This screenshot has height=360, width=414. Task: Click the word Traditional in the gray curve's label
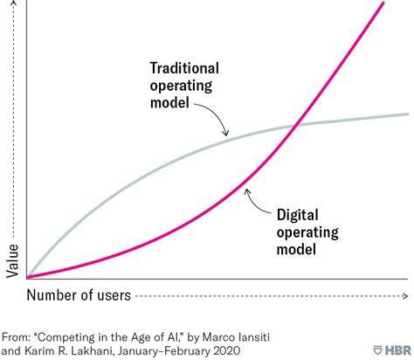coord(184,68)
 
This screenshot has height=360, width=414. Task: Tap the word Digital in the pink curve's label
coord(297,215)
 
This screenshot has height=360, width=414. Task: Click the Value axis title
coord(12,261)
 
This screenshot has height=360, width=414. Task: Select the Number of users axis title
coord(79,295)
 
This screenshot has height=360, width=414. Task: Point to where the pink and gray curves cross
coord(296,125)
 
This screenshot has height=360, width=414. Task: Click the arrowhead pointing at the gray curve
coord(225,133)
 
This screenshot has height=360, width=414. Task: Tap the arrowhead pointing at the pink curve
coord(247,191)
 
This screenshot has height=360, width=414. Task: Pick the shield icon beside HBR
coord(378,350)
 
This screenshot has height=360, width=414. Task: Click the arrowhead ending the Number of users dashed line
coord(405,296)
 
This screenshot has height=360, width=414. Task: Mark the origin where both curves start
coord(27,277)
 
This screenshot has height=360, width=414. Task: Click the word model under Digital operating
coord(296,250)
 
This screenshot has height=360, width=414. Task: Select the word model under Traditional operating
coord(169,103)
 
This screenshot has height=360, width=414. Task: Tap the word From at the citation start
coord(17,337)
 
